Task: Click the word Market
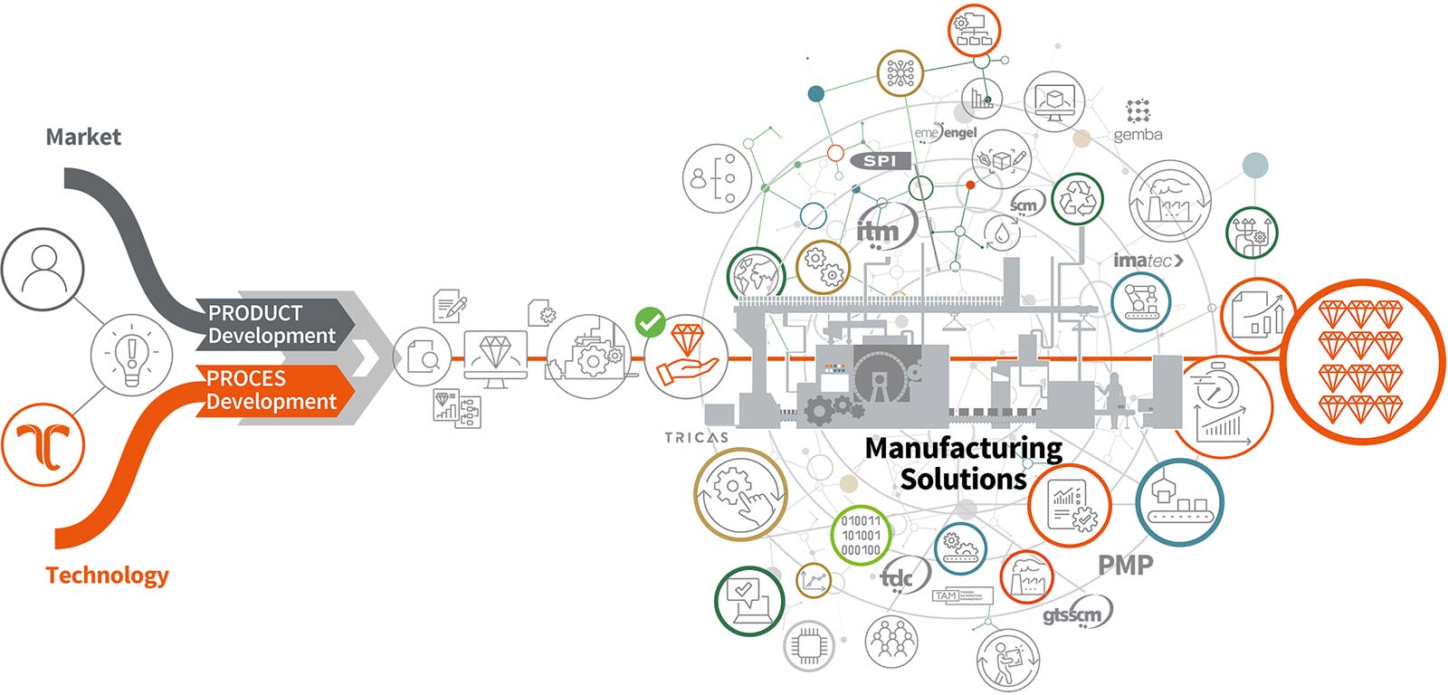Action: (x=83, y=137)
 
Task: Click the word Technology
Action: (x=107, y=575)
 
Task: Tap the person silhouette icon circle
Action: (x=43, y=270)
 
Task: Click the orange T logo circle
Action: (x=43, y=444)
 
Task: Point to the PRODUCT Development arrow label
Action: (x=271, y=324)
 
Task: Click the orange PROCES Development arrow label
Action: (x=271, y=390)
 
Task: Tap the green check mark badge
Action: (x=650, y=321)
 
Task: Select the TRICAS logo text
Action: (x=696, y=437)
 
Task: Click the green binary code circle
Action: (x=861, y=535)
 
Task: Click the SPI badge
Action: (x=880, y=160)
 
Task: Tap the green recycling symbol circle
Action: (x=1077, y=199)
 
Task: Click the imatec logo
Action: (x=1148, y=261)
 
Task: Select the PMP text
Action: (x=1125, y=566)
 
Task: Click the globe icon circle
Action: (x=757, y=273)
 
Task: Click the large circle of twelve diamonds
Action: (x=1360, y=361)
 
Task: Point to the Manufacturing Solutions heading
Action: (x=963, y=462)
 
